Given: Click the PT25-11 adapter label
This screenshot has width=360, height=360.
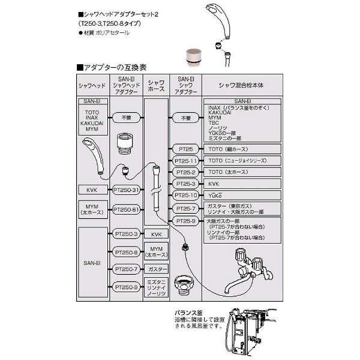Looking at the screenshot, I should [x=185, y=161].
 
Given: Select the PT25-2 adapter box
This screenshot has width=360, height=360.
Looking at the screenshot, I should [x=185, y=172].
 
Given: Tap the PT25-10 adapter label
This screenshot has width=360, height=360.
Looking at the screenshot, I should [x=185, y=196].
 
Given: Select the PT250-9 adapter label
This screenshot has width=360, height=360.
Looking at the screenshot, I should [x=126, y=287].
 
